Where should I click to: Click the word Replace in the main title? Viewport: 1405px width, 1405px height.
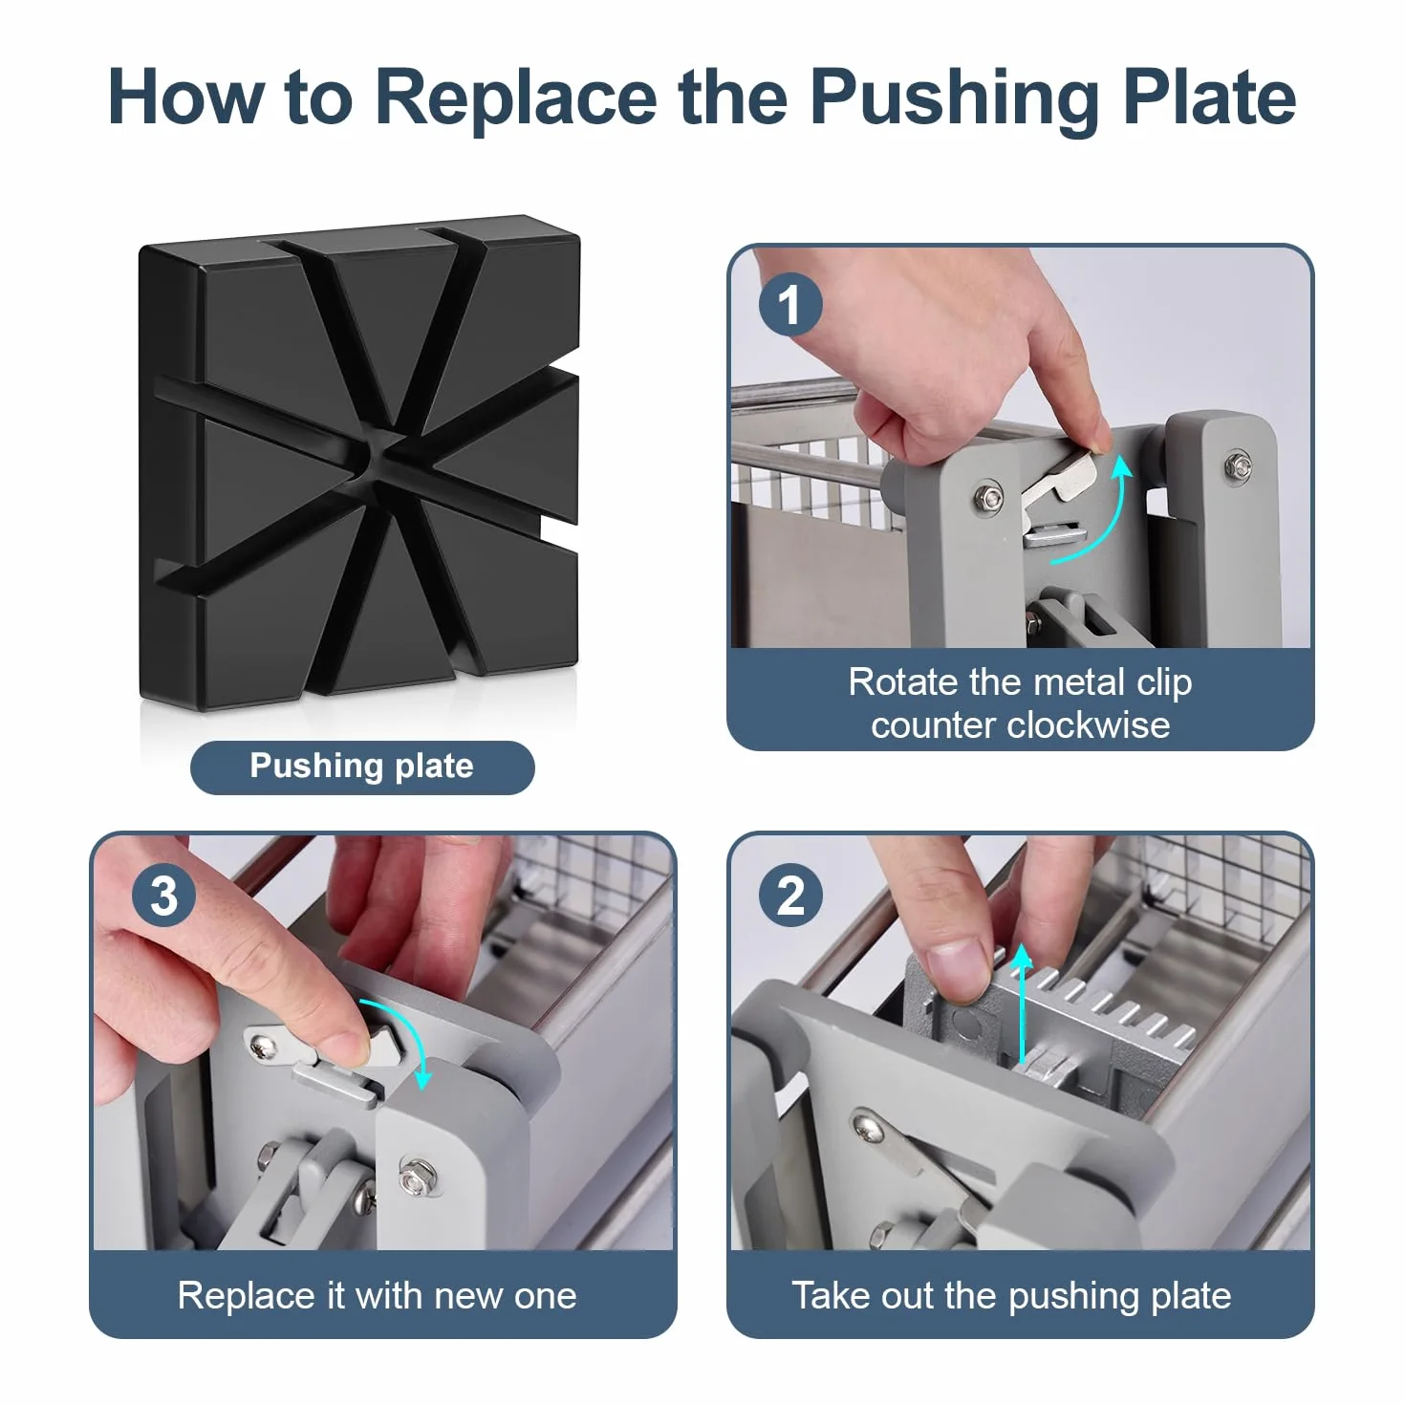point(516,98)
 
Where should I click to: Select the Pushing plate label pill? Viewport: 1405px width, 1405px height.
point(362,767)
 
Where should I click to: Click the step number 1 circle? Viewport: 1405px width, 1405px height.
point(790,304)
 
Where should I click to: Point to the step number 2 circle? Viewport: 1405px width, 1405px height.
point(790,895)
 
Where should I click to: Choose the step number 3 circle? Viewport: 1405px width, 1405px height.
point(164,895)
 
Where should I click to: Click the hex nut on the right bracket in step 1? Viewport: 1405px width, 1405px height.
point(1238,464)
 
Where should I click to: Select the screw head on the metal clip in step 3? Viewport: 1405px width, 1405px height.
point(264,1047)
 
